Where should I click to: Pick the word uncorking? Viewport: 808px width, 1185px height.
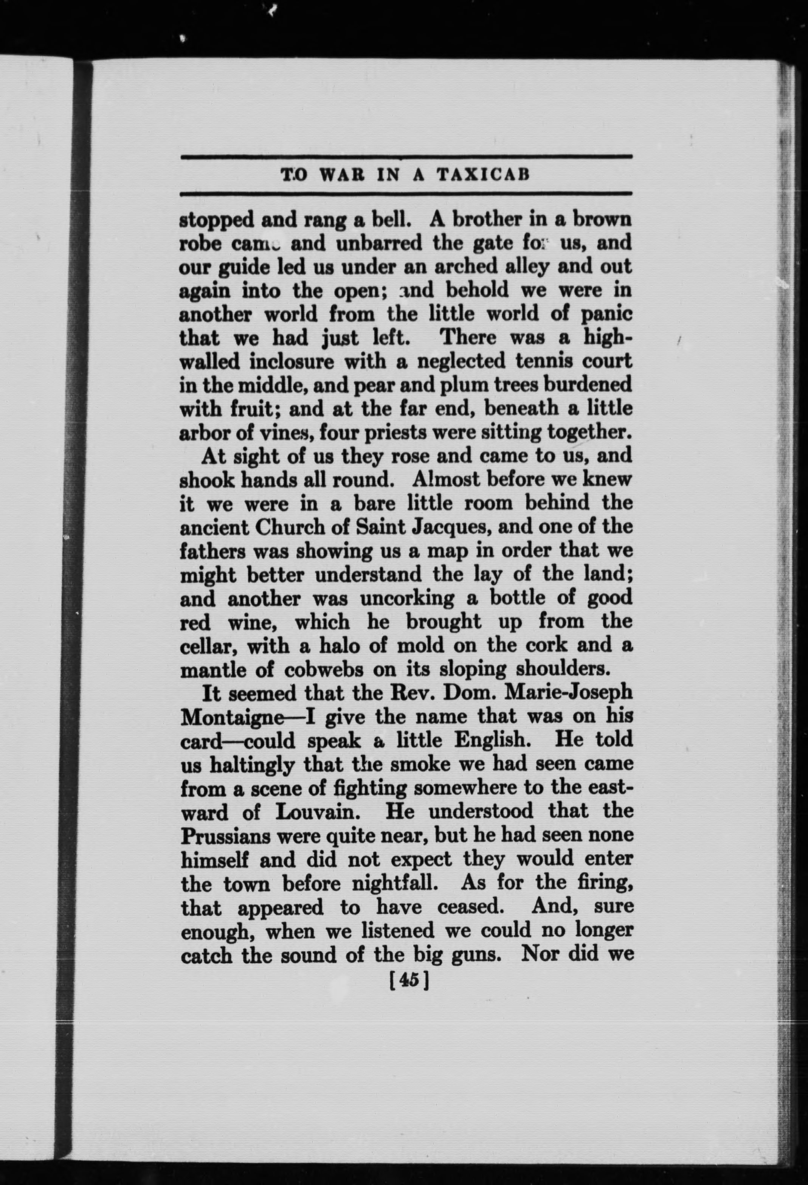click(406, 598)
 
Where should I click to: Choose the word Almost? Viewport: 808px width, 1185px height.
click(443, 480)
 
